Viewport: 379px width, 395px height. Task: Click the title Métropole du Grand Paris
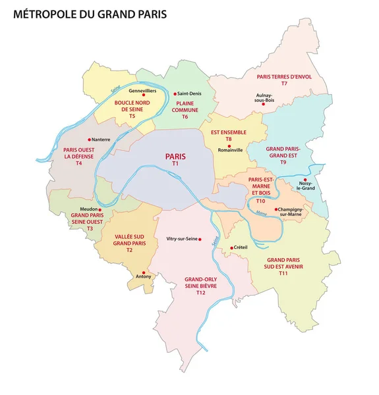90,13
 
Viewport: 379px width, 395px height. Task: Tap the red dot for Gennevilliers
143,95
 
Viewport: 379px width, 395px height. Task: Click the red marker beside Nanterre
89,139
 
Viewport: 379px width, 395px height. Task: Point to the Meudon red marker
100,209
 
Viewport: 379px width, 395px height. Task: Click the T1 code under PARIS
175,163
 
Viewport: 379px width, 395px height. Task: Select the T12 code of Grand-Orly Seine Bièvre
201,292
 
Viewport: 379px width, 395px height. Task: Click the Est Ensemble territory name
228,132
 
